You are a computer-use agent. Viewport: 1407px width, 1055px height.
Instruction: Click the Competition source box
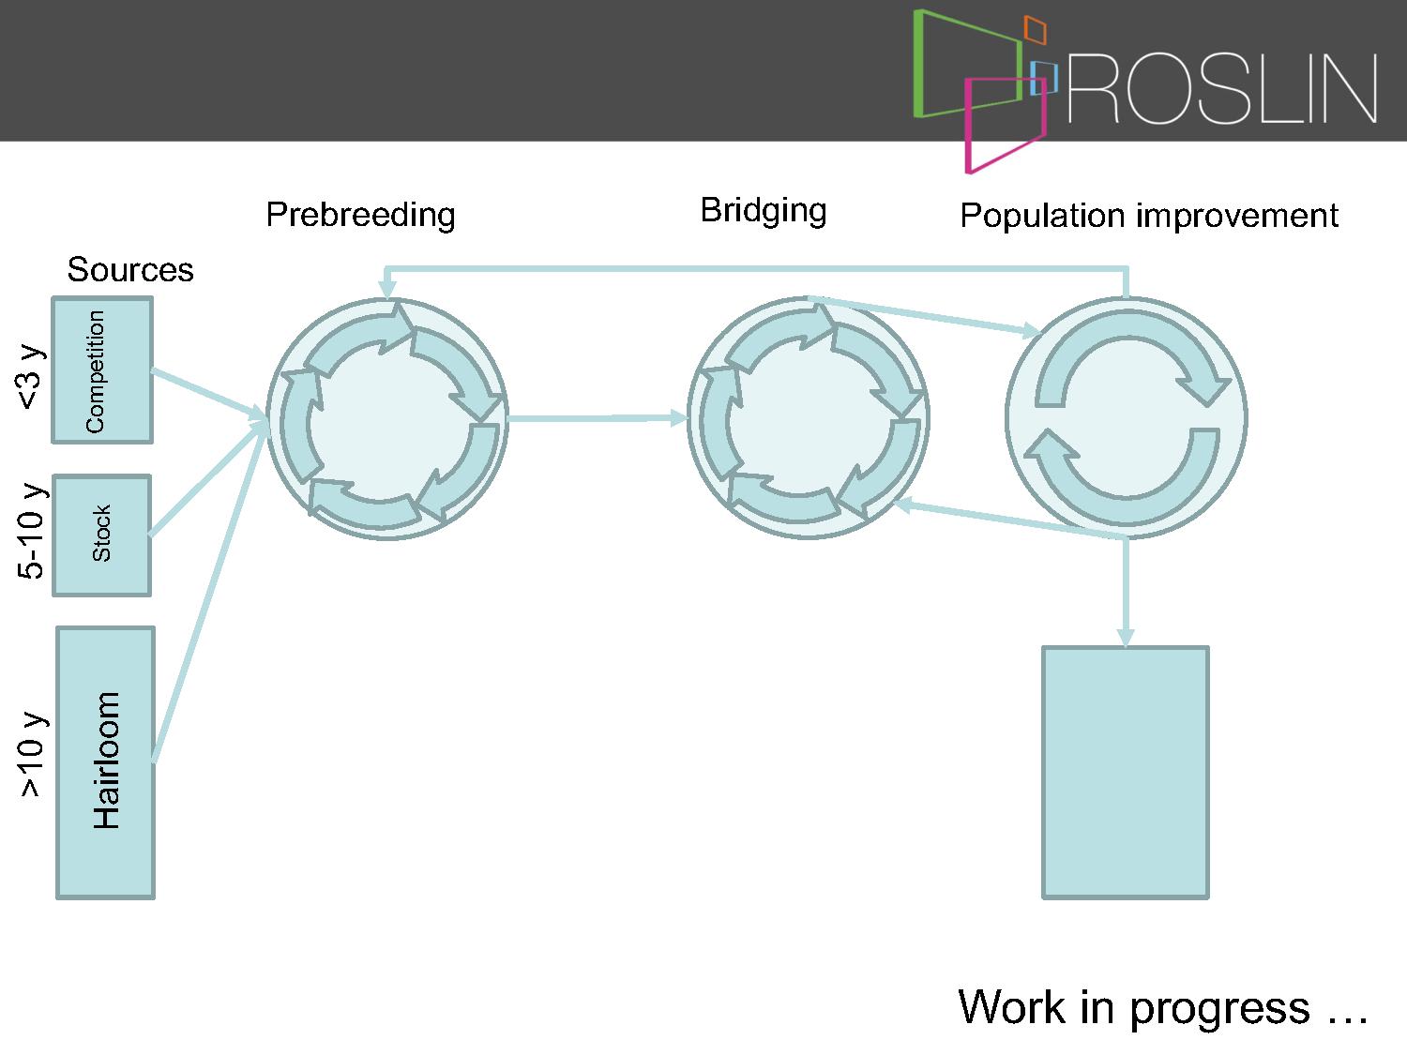(102, 369)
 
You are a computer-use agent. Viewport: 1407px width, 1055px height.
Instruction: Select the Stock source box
(102, 535)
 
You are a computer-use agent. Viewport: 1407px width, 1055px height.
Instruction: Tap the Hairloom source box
(106, 763)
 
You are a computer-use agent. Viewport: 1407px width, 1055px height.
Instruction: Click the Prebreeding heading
(361, 216)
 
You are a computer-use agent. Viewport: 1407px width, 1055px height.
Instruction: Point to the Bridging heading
(764, 211)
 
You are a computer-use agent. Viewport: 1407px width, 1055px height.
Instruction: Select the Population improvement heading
(1149, 216)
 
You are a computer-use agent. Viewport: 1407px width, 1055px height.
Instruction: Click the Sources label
(130, 270)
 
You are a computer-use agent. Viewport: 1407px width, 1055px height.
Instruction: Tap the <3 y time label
(29, 377)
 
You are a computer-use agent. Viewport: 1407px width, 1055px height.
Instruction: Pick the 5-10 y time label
(31, 531)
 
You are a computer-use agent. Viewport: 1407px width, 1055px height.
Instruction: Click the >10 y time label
(31, 754)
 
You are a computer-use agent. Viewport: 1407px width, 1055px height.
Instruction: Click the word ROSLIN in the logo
(1222, 88)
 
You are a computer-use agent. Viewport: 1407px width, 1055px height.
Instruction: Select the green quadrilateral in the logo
(918, 64)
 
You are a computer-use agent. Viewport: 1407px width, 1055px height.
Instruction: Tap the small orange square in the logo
(1035, 30)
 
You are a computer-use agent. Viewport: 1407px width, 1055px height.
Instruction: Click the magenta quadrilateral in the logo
(969, 126)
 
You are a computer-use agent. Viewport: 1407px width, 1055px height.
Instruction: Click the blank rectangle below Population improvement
(1126, 773)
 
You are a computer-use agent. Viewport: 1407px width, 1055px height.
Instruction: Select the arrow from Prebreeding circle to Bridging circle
(598, 418)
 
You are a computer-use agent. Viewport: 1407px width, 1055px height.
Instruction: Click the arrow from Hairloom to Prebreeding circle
(210, 594)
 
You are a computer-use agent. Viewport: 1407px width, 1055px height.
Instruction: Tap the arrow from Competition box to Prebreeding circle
(209, 395)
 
